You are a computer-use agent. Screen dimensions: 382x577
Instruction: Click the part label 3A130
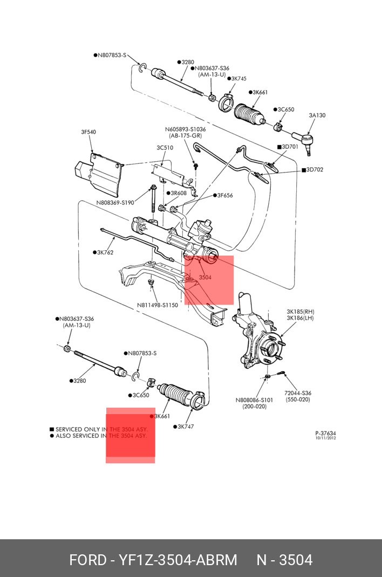tap(317, 115)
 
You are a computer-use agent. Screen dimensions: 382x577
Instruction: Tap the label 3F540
tap(88, 132)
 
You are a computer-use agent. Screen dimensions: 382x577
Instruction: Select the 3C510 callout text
tap(165, 148)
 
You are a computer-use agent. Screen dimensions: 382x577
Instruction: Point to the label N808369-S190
tap(115, 202)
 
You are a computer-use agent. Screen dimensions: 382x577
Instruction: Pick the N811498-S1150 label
tap(157, 305)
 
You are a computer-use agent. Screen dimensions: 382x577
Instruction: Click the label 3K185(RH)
tap(301, 312)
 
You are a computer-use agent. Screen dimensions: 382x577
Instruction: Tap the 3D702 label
tap(312, 170)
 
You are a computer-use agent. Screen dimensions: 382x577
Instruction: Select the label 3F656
tap(223, 195)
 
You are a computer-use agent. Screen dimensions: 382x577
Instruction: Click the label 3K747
tap(183, 427)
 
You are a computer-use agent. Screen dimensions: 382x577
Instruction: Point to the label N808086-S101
tap(254, 400)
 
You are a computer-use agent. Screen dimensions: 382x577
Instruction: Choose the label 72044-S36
tap(298, 393)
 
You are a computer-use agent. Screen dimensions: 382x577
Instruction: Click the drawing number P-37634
tap(325, 434)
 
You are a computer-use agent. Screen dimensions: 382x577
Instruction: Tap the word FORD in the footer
tap(87, 560)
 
